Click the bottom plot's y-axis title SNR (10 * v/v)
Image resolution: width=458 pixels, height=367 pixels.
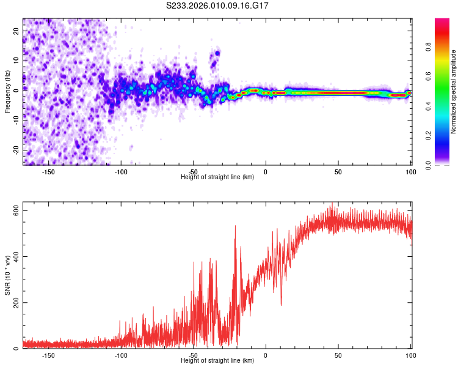coord(7,276)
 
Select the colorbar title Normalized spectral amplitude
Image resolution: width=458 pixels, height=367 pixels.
coord(454,92)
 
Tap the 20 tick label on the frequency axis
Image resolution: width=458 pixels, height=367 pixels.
coord(16,31)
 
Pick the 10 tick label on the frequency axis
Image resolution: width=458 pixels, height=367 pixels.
coord(16,61)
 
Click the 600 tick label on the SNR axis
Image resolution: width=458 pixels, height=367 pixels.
coord(16,210)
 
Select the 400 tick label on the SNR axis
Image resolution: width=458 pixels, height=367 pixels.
coord(16,256)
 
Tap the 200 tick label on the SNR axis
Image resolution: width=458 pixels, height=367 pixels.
coord(16,302)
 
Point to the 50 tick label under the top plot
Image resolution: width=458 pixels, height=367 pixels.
coord(338,172)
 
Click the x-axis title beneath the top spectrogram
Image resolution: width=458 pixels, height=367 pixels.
coord(217,177)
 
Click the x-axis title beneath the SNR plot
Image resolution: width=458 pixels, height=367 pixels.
coord(217,361)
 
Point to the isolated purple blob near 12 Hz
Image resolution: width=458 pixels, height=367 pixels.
coord(214,58)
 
